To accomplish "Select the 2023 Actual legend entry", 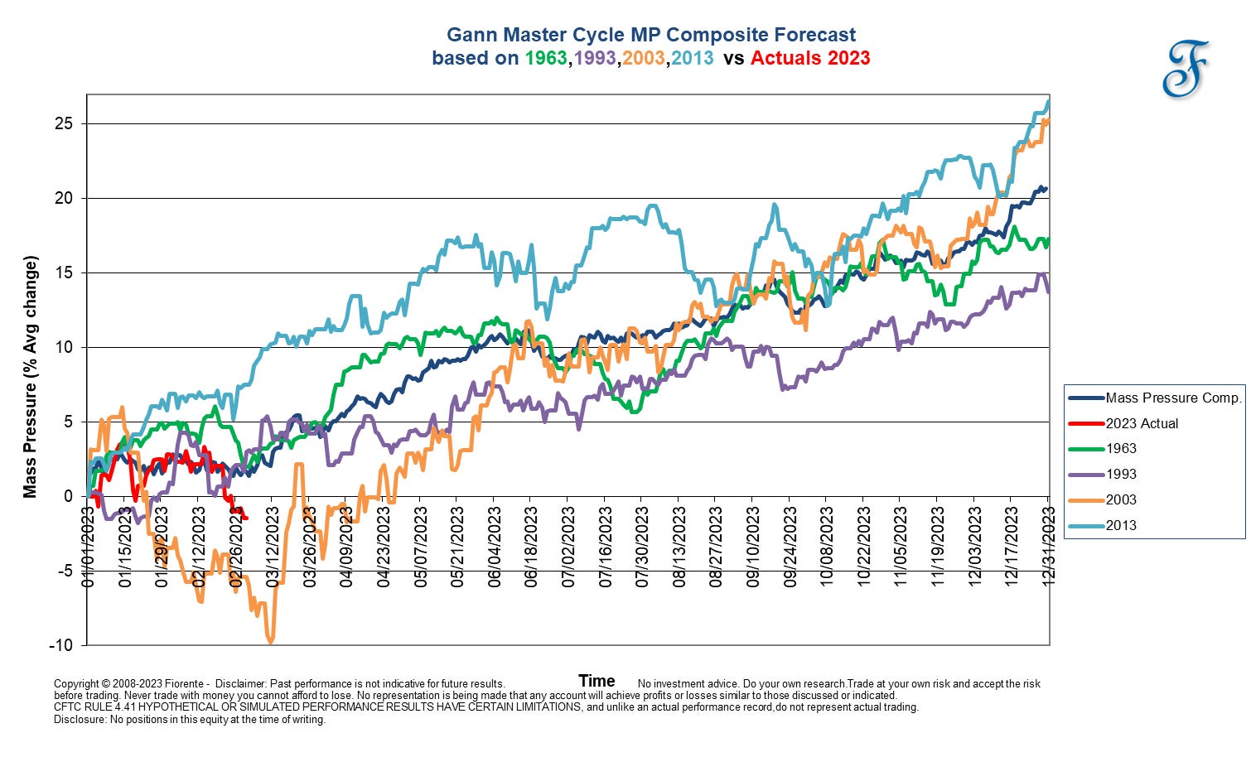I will coord(1142,423).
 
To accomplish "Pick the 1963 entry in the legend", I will coord(1121,449).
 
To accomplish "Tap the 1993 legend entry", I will coord(1121,475).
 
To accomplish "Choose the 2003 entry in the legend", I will coord(1121,499).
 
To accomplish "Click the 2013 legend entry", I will coord(1121,525).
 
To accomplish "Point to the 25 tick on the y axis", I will coord(65,123).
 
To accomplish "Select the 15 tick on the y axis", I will coord(65,272).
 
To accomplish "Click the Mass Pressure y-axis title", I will coord(31,377).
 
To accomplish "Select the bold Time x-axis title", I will coord(597,681).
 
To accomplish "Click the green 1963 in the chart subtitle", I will coord(545,58).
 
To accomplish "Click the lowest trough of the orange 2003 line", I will coord(270,641).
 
